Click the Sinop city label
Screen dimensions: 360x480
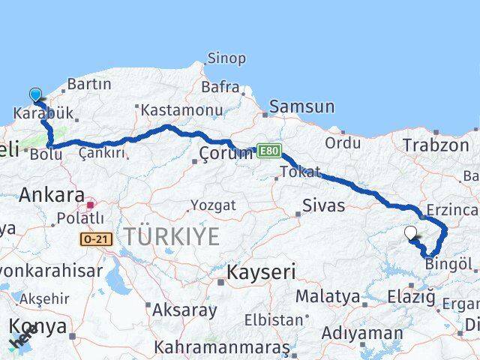pyautogui.click(x=226, y=58)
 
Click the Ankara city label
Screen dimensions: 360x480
pyautogui.click(x=51, y=195)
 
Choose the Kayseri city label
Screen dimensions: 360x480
pyautogui.click(x=261, y=271)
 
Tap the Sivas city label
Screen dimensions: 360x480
pyautogui.click(x=323, y=205)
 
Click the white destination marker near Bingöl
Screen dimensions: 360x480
pyautogui.click(x=411, y=233)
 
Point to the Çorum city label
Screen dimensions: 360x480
pyautogui.click(x=226, y=154)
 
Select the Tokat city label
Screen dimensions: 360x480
pyautogui.click(x=299, y=172)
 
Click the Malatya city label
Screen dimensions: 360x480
pyautogui.click(x=327, y=296)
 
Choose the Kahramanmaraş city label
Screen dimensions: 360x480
pyautogui.click(x=221, y=347)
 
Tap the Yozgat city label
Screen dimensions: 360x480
pyautogui.click(x=212, y=205)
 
